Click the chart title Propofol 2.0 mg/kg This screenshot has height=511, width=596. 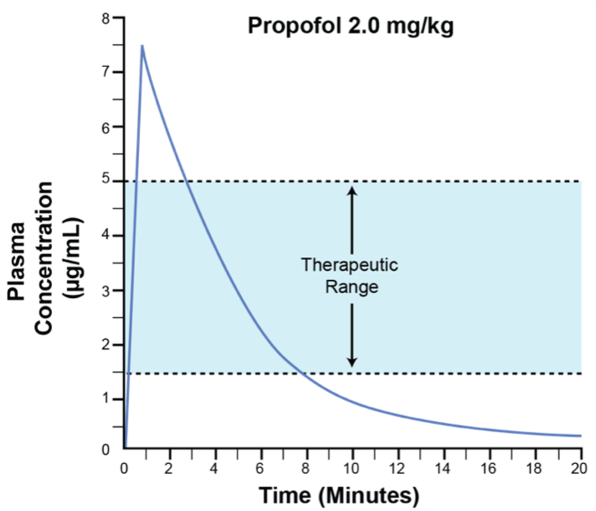[x=351, y=25]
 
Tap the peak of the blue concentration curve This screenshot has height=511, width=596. [x=142, y=46]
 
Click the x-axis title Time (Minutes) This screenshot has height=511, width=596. [x=339, y=496]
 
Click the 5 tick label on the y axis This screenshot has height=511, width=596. [x=106, y=181]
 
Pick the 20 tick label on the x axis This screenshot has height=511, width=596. [x=581, y=468]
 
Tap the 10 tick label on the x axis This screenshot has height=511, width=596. [x=353, y=468]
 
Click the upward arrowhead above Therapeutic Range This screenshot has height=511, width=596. [x=352, y=189]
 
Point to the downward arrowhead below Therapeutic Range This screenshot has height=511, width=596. [x=352, y=362]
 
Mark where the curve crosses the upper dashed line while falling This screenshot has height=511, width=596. [x=187, y=181]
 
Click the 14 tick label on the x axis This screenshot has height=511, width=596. [x=444, y=468]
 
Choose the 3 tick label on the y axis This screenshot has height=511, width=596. [x=106, y=291]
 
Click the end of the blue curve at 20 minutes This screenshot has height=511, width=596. [x=580, y=436]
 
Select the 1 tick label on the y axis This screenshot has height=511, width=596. [x=106, y=399]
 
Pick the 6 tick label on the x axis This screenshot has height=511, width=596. [x=261, y=468]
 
